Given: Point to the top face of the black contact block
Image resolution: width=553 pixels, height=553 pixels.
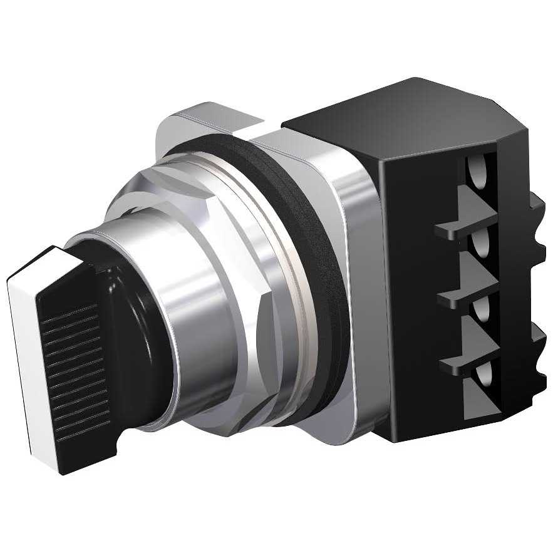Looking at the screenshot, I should click(401, 113).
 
